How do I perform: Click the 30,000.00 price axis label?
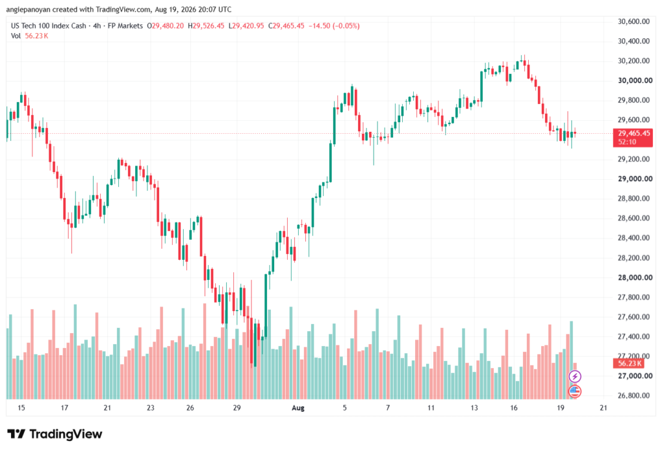tap(635, 81)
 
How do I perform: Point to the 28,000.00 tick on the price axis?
tap(635, 277)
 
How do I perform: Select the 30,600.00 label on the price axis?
tap(634, 21)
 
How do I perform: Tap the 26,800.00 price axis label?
tap(634, 396)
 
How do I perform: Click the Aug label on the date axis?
tap(298, 408)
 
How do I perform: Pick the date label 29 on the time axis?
tap(237, 408)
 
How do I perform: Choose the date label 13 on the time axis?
tap(474, 408)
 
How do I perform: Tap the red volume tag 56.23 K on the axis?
tap(628, 363)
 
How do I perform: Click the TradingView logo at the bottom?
tap(55, 434)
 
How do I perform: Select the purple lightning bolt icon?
tap(575, 376)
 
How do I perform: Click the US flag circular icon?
tap(575, 391)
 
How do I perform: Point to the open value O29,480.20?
tap(165, 26)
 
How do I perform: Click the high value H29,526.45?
tap(206, 26)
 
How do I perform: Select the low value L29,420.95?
tap(246, 26)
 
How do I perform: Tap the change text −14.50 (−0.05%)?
tap(334, 26)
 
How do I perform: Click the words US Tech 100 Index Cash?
tap(48, 26)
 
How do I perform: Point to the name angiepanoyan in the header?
tap(28, 9)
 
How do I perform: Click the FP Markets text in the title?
tap(125, 26)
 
